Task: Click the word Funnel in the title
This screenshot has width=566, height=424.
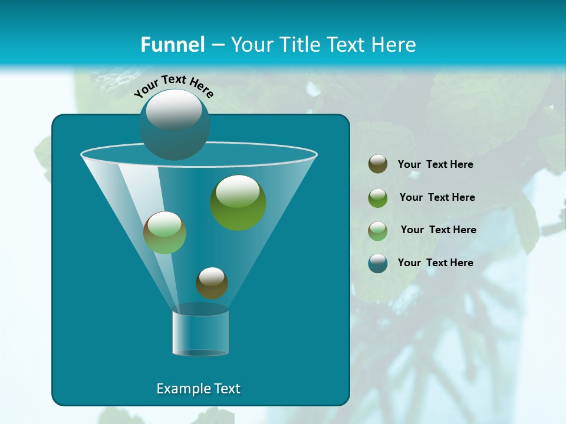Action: coord(172,45)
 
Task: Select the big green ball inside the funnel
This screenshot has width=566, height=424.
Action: coord(238,203)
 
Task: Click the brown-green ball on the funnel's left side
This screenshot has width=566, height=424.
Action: coord(164,233)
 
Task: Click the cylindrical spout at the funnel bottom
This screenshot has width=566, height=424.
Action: coord(200,333)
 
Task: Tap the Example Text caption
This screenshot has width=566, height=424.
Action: coord(198,389)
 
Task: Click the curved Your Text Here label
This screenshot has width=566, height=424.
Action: coord(174,86)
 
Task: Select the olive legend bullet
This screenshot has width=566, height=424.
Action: coord(378,164)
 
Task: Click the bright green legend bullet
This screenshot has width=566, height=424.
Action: coord(378,197)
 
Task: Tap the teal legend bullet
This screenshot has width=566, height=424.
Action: coord(378,263)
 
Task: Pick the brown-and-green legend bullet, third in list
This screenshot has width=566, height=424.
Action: coord(378,230)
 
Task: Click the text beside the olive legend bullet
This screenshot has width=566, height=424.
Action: coord(435,165)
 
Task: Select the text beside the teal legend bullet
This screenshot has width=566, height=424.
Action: coord(435,263)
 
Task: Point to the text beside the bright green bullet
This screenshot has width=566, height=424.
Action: coord(437,197)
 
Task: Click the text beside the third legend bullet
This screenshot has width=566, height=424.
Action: coord(438,230)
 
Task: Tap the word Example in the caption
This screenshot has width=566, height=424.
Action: coord(180,389)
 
